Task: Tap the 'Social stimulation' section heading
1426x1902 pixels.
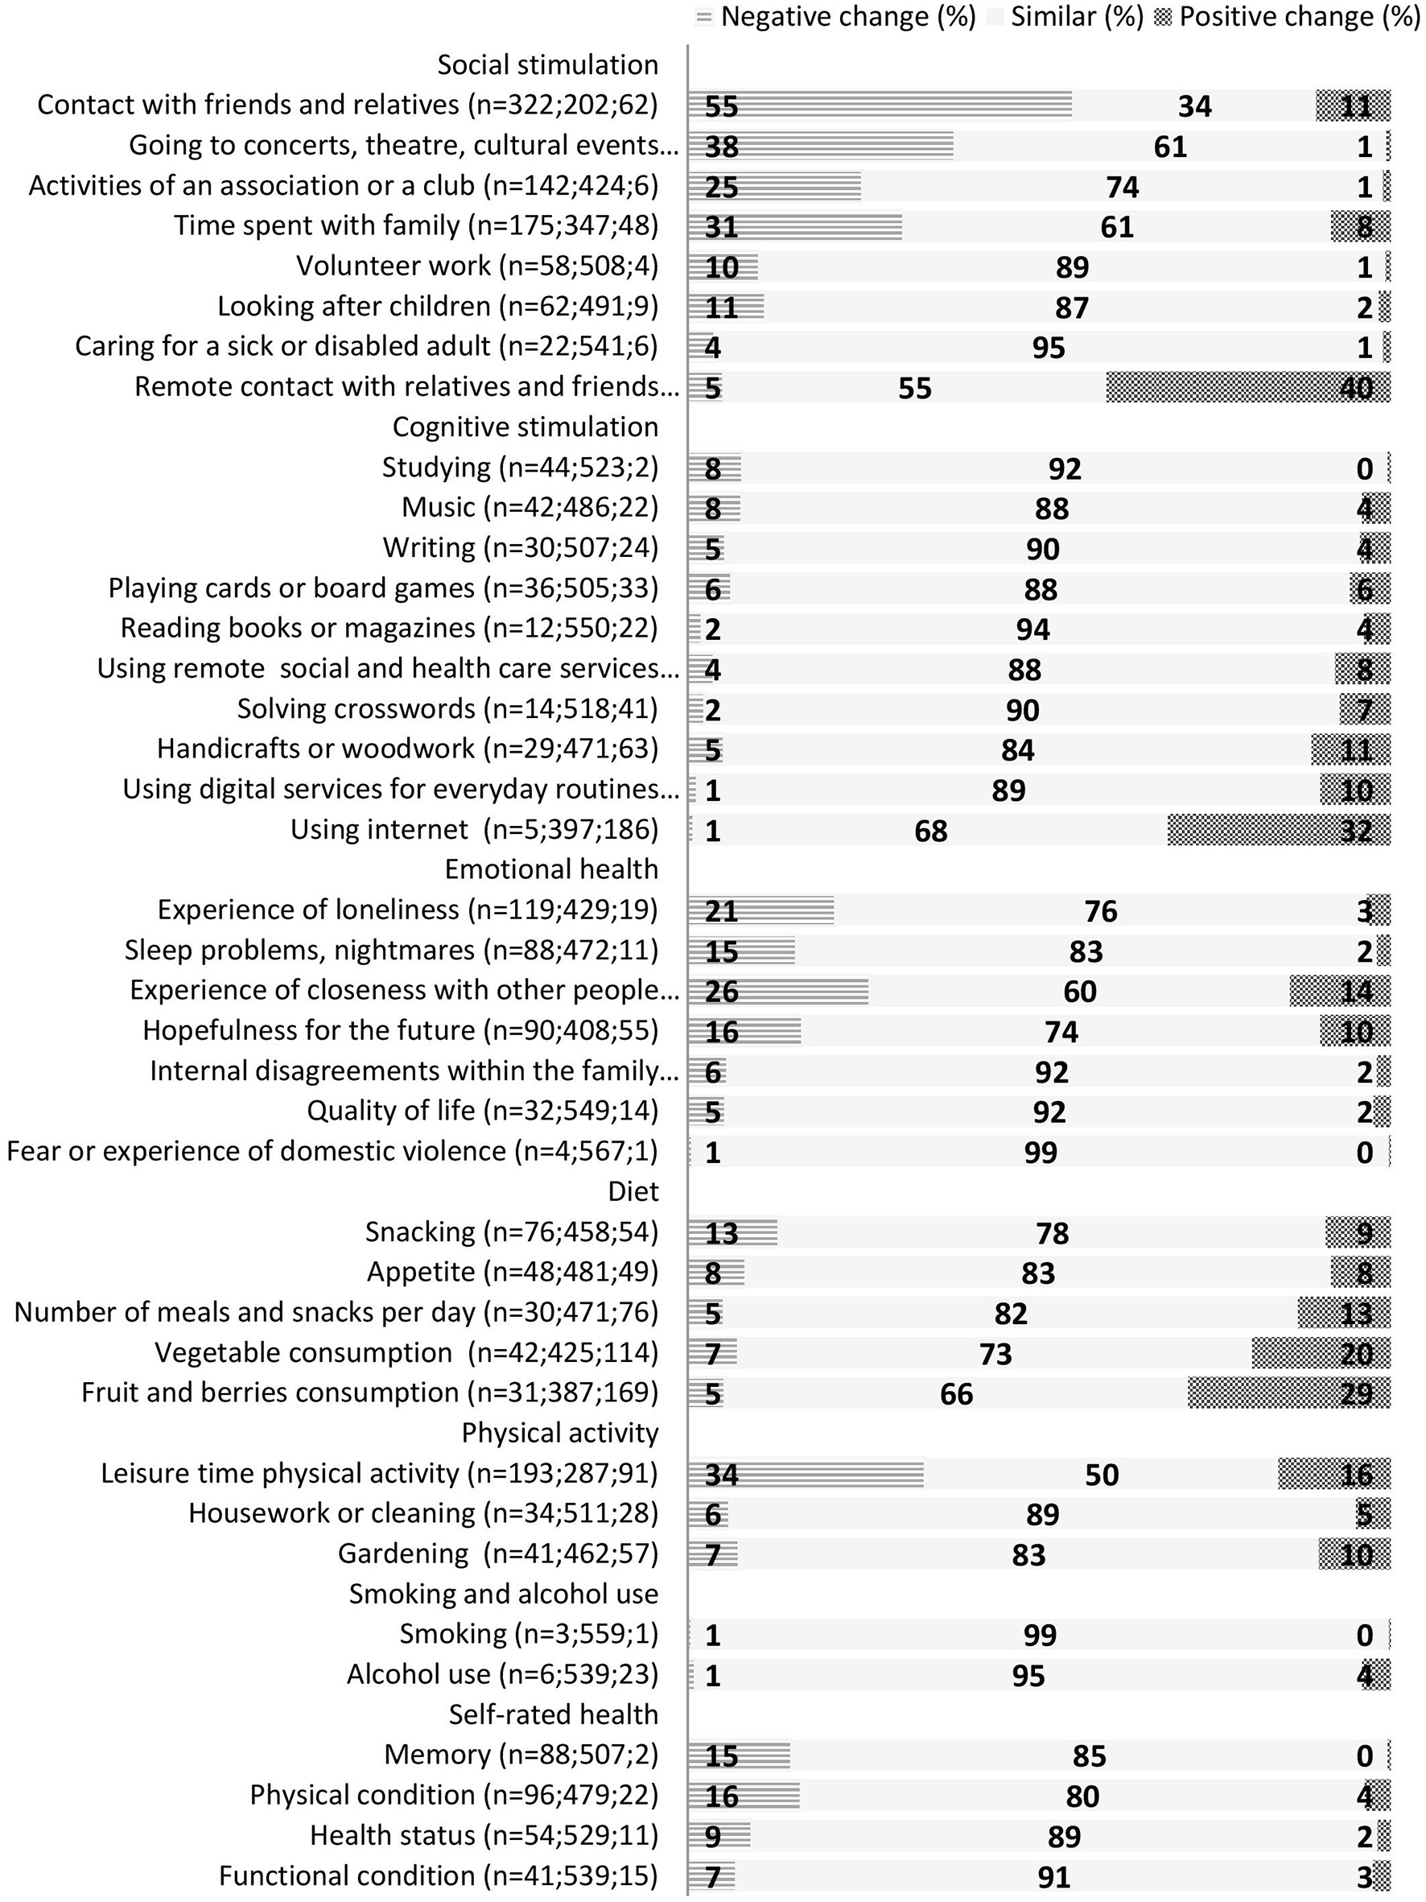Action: [x=547, y=64]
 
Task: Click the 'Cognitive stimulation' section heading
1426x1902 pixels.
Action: [x=525, y=427]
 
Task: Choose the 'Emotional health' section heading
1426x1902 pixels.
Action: [x=551, y=869]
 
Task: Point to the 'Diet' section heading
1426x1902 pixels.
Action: [x=633, y=1191]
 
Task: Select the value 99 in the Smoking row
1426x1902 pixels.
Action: [x=1040, y=1635]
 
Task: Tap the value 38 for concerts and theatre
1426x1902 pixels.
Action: [x=721, y=146]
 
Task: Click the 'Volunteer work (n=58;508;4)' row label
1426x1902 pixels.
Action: [x=477, y=266]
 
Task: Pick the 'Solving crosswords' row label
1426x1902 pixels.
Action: [x=447, y=708]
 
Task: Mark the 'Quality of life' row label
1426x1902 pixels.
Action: [x=482, y=1111]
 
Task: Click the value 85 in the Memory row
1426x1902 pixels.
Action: [x=1089, y=1756]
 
